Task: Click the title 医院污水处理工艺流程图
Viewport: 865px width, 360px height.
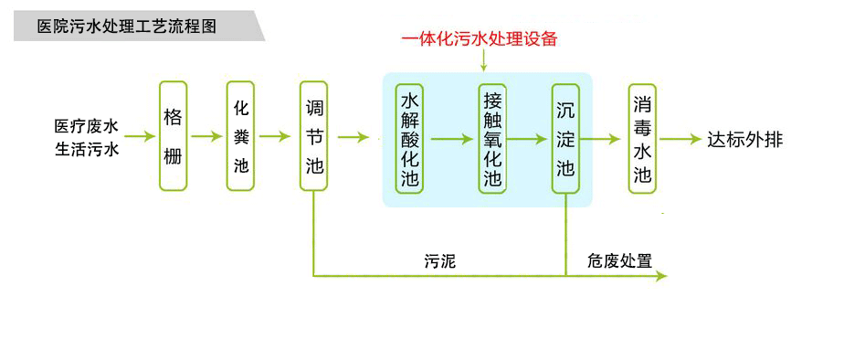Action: [127, 26]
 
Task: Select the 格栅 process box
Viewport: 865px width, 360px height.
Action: [174, 136]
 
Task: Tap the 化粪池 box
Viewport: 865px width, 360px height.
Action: [240, 136]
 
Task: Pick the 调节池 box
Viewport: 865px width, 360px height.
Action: [314, 136]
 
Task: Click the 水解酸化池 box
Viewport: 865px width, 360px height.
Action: [409, 139]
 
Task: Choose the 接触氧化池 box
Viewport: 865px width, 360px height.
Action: [492, 139]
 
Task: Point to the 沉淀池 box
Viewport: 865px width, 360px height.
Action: [565, 139]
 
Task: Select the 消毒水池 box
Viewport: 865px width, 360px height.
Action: [642, 139]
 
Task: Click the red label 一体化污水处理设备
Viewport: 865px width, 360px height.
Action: [480, 40]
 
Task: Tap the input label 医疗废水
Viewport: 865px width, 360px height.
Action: [87, 126]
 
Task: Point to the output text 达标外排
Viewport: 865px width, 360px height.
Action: [744, 140]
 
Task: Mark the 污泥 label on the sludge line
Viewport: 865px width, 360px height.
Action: [440, 261]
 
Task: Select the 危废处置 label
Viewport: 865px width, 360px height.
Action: [619, 260]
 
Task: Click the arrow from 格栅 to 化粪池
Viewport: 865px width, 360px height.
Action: [206, 136]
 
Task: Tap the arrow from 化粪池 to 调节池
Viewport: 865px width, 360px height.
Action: [274, 136]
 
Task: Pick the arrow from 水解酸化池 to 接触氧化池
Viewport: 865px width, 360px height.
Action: [452, 139]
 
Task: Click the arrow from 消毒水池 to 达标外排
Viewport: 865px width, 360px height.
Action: [680, 139]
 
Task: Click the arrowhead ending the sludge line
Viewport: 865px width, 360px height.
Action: [661, 276]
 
